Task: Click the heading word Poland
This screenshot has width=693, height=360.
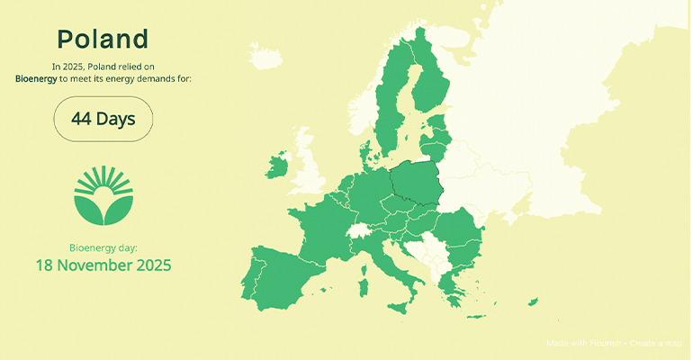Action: (103, 39)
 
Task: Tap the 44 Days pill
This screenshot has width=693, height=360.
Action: (103, 119)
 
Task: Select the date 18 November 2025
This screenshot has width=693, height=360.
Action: (103, 265)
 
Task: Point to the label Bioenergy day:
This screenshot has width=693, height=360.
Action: (103, 247)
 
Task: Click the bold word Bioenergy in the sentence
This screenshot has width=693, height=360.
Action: (36, 79)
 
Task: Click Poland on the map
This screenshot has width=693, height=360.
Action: (418, 184)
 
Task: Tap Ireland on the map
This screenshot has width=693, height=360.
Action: (278, 166)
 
